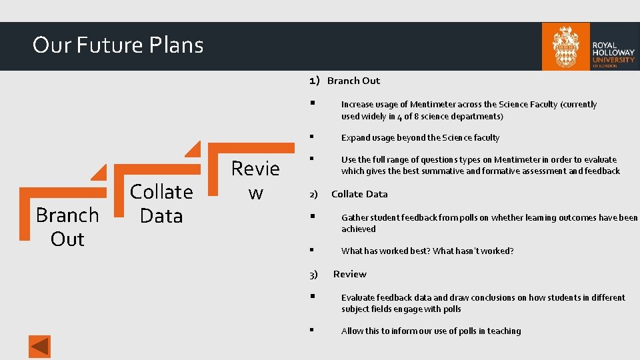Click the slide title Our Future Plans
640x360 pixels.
(118, 45)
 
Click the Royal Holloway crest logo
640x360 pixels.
(565, 46)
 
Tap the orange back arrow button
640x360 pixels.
(39, 347)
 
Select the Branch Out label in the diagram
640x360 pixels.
(67, 227)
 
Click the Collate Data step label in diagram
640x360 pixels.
(161, 203)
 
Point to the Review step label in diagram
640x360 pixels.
(255, 180)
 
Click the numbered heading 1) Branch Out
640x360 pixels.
(345, 81)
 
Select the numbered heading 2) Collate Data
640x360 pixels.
(350, 194)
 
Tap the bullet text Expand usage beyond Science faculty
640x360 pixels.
(420, 138)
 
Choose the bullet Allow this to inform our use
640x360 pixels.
(431, 331)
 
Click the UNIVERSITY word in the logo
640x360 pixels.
(613, 59)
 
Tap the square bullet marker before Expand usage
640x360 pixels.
(311, 137)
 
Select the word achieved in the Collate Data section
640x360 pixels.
(359, 229)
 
